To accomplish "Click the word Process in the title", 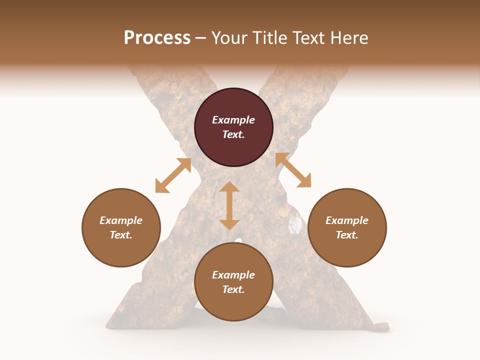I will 157,38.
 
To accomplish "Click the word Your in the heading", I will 229,38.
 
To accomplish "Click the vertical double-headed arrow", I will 229,205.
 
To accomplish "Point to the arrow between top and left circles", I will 173,175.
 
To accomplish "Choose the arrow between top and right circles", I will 293,170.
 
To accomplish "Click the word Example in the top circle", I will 233,120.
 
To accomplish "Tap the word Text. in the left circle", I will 121,235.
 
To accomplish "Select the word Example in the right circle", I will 347,220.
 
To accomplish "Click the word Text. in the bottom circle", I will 233,289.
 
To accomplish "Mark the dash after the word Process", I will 201,38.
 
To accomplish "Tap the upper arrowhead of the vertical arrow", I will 229,187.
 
